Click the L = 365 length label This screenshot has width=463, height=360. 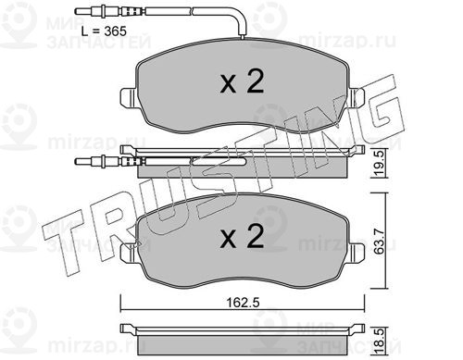tap(104, 31)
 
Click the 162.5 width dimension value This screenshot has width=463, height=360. tap(243, 303)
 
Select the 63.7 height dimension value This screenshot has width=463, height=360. tap(379, 242)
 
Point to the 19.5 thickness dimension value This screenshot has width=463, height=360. tap(380, 164)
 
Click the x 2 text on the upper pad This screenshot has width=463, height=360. tap(242, 81)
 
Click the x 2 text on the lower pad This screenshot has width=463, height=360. tap(242, 236)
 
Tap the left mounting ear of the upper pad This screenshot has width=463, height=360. tap(128, 97)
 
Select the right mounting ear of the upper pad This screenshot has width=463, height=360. tap(357, 97)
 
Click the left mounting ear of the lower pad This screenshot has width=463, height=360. tap(128, 253)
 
